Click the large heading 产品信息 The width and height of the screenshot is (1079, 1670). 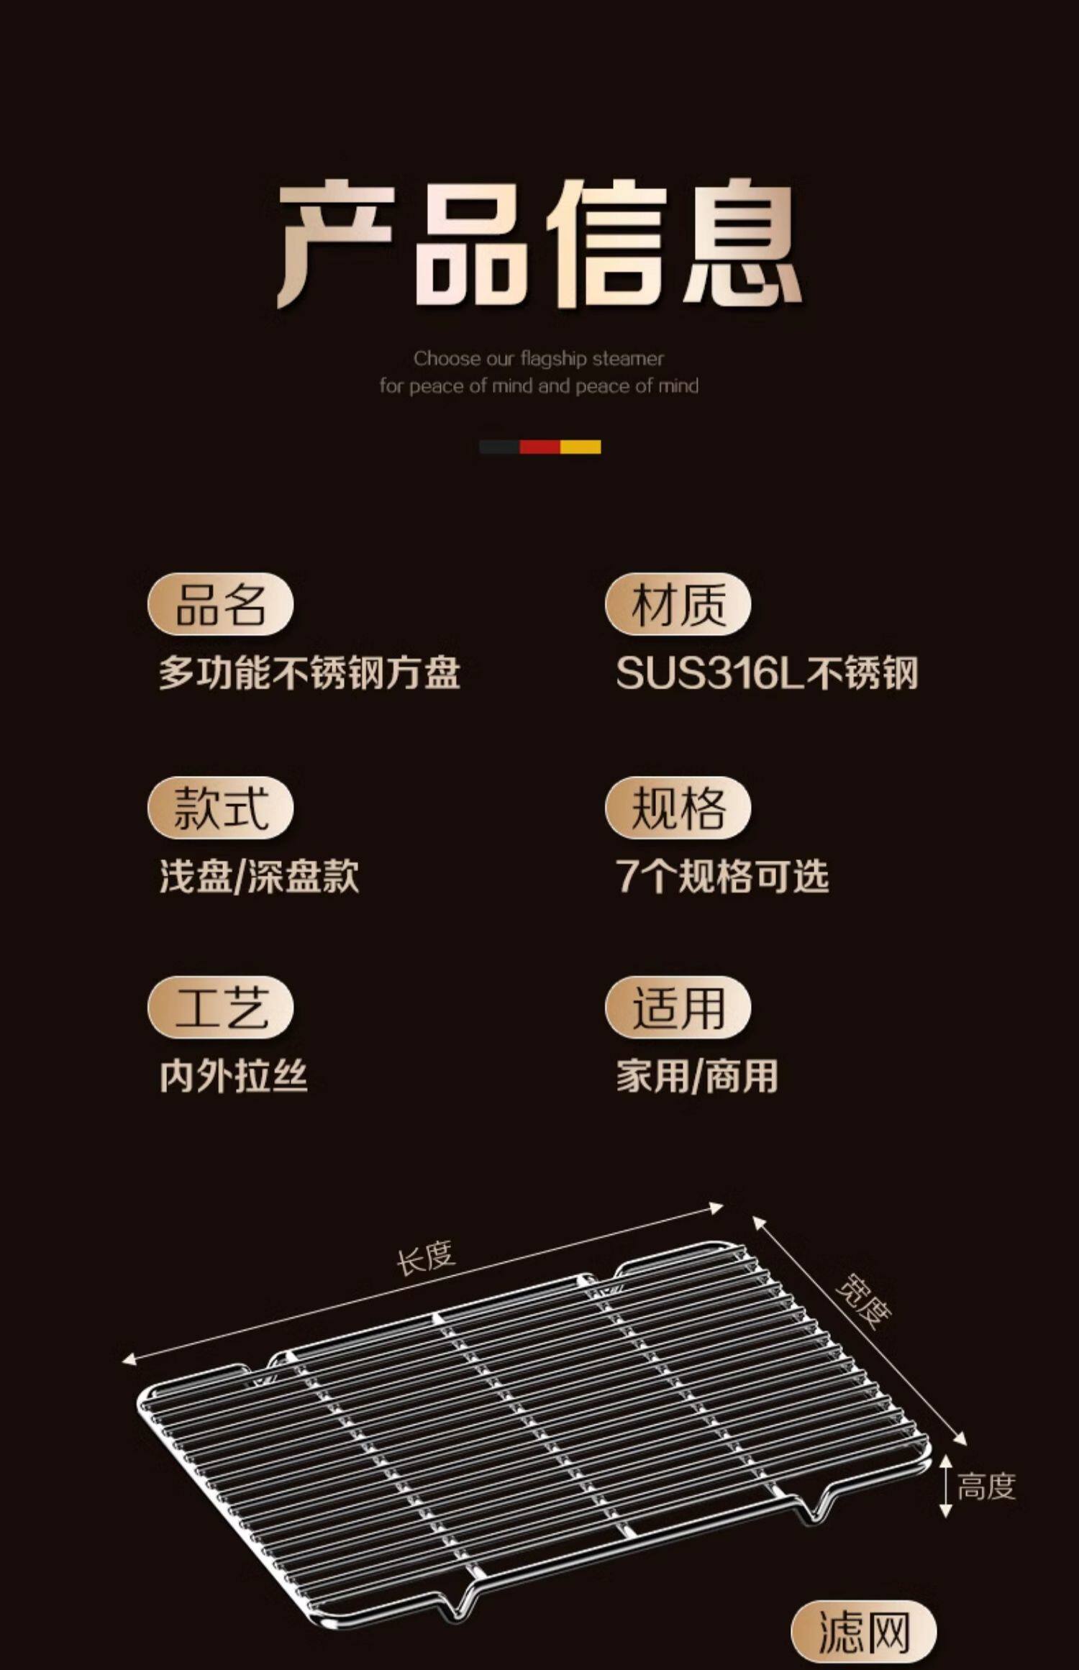pyautogui.click(x=539, y=245)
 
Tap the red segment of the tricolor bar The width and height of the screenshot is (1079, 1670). pyautogui.click(x=539, y=447)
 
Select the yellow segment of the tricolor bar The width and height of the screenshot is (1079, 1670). pyautogui.click(x=580, y=447)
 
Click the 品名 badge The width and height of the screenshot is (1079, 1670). pyautogui.click(x=220, y=604)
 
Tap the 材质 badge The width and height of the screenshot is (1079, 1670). pyautogui.click(x=678, y=604)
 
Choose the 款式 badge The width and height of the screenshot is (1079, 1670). pyautogui.click(x=220, y=808)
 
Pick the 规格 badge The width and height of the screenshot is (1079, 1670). pyautogui.click(x=678, y=808)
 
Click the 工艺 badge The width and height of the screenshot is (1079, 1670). pyautogui.click(x=220, y=1007)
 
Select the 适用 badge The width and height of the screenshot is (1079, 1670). pyautogui.click(x=678, y=1007)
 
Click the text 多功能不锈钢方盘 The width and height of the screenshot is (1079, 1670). pyautogui.click(x=309, y=673)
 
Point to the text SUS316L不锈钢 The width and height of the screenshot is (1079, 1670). pyautogui.click(x=767, y=673)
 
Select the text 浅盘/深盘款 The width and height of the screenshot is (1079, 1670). pyautogui.click(x=259, y=877)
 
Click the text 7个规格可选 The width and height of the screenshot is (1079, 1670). pyautogui.click(x=722, y=877)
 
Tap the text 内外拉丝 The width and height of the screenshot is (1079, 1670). pyautogui.click(x=234, y=1077)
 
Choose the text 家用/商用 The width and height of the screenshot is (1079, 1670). pyautogui.click(x=697, y=1077)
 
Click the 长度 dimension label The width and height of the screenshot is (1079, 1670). pyautogui.click(x=426, y=1258)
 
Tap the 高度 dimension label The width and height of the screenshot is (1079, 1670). pyautogui.click(x=986, y=1486)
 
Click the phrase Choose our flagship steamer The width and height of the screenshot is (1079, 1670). pyautogui.click(x=538, y=358)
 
